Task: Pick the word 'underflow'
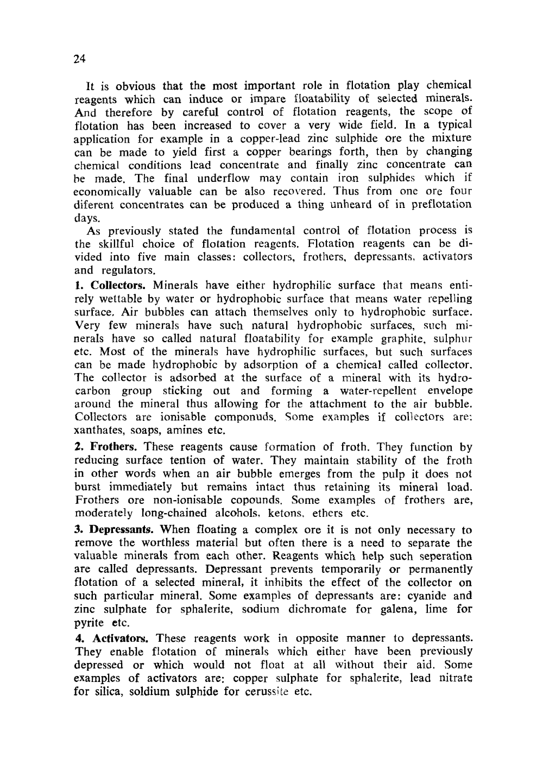[x=223, y=178]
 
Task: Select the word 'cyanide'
[x=427, y=596]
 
